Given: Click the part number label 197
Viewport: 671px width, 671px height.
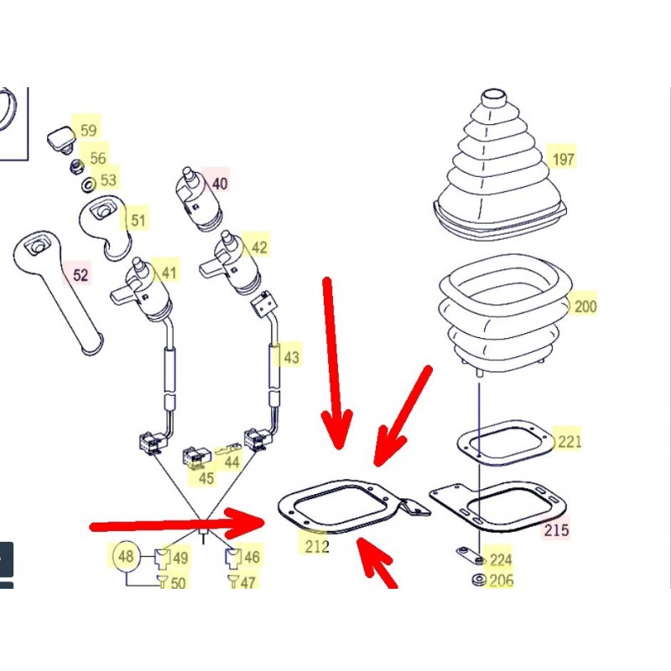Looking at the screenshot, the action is tap(563, 159).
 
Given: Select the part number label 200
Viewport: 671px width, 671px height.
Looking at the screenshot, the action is tap(585, 306).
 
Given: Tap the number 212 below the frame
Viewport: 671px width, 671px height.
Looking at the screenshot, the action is tap(317, 546).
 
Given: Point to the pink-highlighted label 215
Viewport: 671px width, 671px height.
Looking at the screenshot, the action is tap(556, 530).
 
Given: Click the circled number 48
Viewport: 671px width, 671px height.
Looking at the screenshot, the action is tap(126, 556).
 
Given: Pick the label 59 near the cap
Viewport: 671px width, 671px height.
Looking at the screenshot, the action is tap(89, 130).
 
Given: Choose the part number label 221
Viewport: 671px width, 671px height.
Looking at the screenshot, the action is tap(570, 441).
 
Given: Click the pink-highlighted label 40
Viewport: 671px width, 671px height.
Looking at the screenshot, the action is tap(220, 184).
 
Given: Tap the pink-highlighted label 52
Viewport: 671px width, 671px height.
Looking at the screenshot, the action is tap(81, 275).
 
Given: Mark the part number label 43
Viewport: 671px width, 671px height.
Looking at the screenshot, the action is tap(291, 357).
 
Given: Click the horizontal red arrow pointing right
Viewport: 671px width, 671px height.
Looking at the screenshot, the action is tap(178, 523).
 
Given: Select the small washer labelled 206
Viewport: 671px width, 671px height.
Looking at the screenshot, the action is tap(479, 580).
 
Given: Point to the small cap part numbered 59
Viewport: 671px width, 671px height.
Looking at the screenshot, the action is tap(60, 139).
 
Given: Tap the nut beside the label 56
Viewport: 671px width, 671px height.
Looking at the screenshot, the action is tap(77, 165).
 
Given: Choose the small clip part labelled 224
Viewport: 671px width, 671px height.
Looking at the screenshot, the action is tap(470, 555).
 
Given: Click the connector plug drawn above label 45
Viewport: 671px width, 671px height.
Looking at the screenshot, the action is tap(196, 457).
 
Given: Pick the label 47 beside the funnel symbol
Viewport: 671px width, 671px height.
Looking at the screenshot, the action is tap(247, 582).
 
